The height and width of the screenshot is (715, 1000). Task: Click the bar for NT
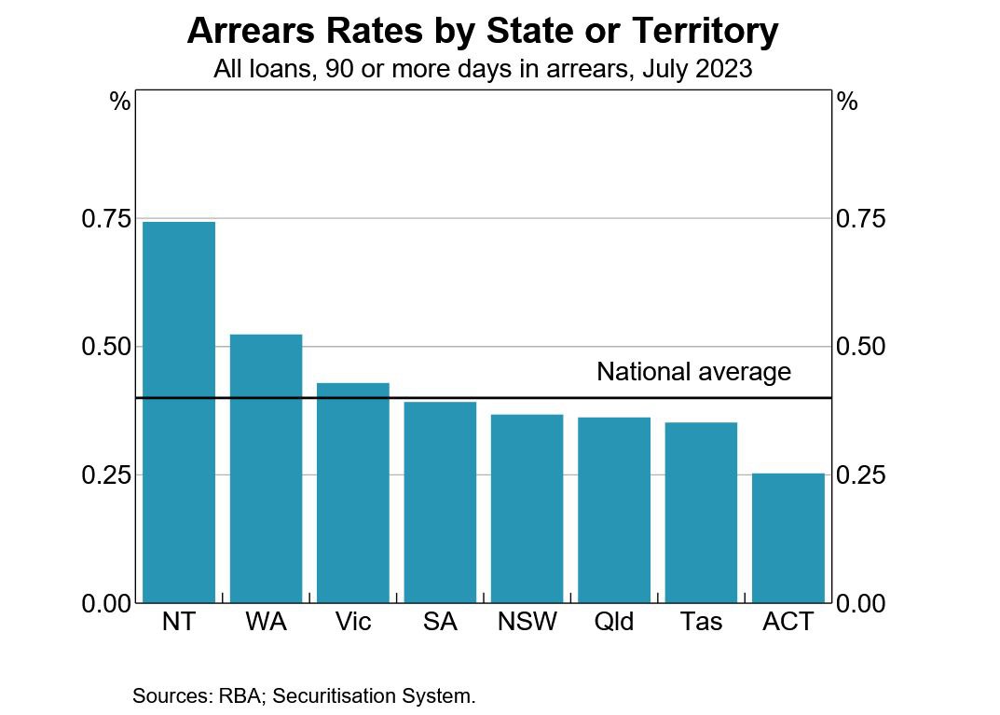(x=179, y=412)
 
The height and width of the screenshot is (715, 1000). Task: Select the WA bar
(x=266, y=468)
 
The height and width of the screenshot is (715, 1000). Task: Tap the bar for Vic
(x=352, y=492)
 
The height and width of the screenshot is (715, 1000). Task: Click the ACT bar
(x=788, y=538)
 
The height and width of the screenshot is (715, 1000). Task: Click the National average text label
(x=693, y=372)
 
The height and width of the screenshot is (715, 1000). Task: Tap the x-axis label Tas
(x=701, y=622)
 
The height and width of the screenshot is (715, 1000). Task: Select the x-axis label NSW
(x=527, y=622)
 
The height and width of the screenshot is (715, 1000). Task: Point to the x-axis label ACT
(x=788, y=622)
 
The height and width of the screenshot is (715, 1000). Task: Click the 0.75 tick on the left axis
(x=107, y=219)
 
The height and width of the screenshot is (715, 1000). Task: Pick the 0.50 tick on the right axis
(x=860, y=347)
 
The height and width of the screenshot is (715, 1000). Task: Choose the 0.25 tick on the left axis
(x=107, y=475)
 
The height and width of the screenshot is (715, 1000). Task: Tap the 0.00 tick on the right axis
(x=860, y=604)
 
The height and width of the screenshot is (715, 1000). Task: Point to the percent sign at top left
(x=119, y=102)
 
